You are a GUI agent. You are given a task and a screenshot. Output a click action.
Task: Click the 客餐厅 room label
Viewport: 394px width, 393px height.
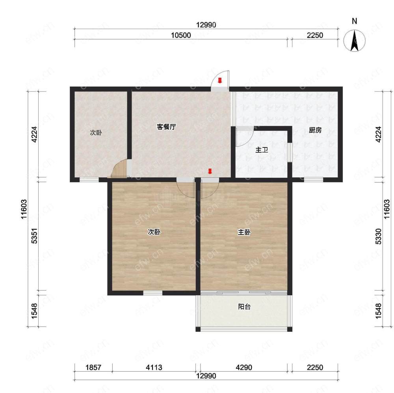point(166,127)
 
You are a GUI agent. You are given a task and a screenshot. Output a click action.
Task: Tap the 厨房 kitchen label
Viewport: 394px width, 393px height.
point(315,130)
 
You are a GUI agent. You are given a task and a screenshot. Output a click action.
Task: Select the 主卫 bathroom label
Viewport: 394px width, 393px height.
point(262,150)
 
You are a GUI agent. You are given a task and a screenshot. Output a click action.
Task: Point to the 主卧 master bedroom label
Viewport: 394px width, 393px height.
point(244,232)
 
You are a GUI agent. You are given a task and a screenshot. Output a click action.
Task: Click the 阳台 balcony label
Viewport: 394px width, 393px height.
point(244,307)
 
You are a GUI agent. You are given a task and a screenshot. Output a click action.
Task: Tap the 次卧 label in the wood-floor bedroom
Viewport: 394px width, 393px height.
point(154,232)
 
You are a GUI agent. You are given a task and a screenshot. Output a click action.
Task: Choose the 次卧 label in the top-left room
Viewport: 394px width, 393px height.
point(96,132)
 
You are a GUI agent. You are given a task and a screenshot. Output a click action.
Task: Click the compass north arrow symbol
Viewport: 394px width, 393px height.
point(354,40)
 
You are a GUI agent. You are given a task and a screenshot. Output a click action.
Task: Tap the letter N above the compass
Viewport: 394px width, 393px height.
point(355,21)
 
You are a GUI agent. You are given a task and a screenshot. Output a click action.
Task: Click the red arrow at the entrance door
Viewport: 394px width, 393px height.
point(220,80)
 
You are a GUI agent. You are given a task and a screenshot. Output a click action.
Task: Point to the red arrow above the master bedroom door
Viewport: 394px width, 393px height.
point(210,171)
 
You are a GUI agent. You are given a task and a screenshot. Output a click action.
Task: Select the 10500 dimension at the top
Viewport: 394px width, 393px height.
point(181,35)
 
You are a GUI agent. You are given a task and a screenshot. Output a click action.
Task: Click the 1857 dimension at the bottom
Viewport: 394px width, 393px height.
point(93,367)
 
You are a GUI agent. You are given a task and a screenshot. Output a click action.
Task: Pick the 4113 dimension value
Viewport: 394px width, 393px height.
point(154,367)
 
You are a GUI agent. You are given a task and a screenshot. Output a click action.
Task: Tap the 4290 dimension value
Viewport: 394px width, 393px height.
point(244,367)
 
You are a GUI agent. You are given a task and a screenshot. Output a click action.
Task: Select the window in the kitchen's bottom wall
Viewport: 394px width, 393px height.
point(313,179)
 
